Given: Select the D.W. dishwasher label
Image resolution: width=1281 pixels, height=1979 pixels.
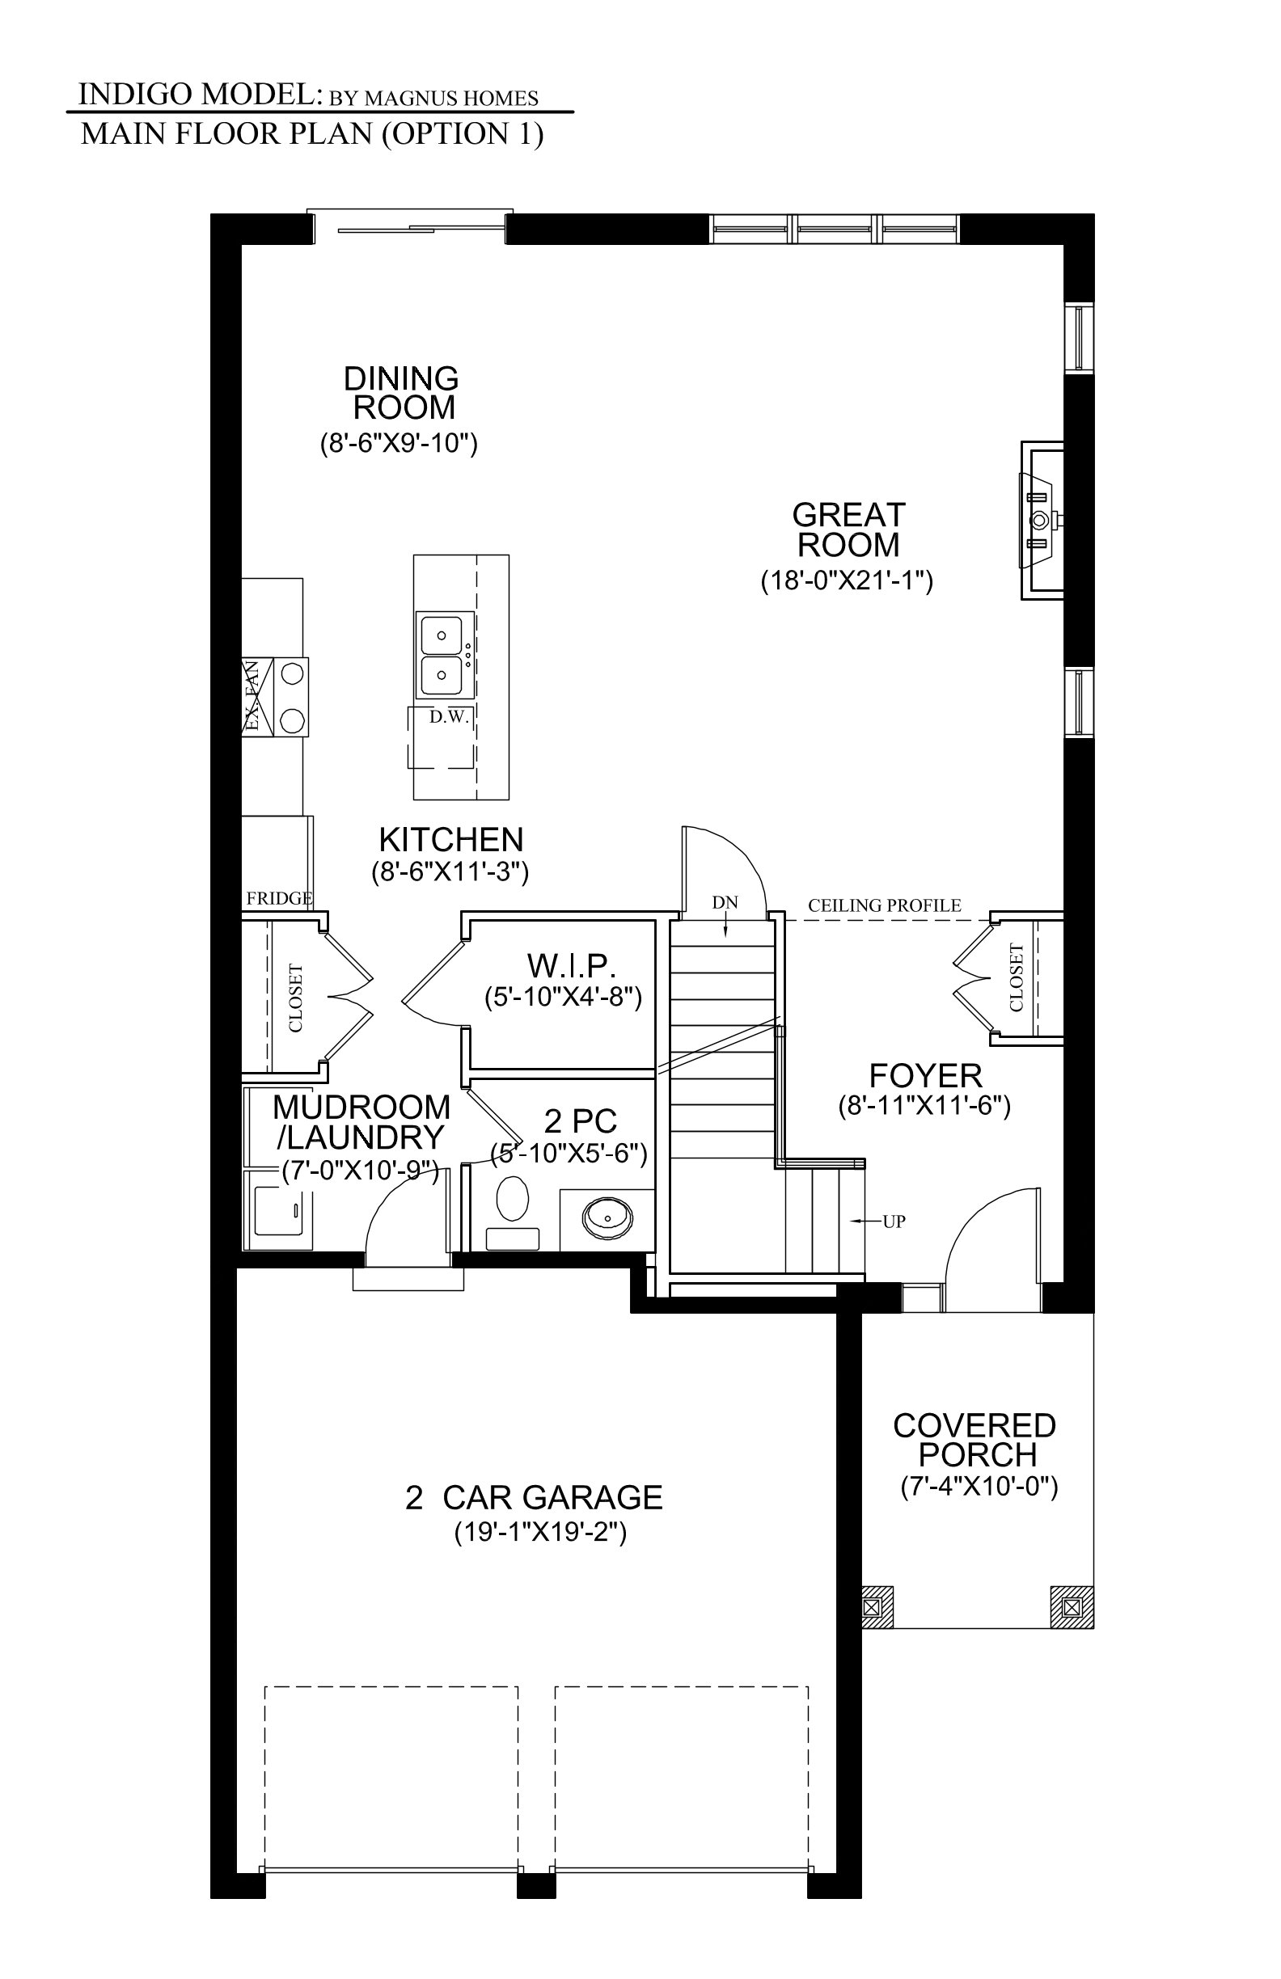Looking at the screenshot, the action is coord(450,717).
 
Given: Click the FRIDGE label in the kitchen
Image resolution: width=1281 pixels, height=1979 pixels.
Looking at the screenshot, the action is coord(280,898).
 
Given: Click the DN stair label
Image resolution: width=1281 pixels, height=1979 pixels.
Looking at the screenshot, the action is coord(725,902).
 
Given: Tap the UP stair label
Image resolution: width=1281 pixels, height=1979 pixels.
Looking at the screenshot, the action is coord(894,1222).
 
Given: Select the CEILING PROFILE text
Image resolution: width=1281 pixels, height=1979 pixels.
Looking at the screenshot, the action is coord(884,905).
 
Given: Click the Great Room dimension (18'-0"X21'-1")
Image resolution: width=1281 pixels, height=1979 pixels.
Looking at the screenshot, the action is coord(847,580).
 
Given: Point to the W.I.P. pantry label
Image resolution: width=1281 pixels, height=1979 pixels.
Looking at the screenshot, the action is coord(572,965).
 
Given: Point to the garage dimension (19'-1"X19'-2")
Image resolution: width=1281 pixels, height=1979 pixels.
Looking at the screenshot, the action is coord(540,1532).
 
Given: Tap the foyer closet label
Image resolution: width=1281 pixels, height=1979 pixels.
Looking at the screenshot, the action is coord(1016,977).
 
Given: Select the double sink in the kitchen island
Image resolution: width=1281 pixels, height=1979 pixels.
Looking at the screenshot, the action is coord(445,656).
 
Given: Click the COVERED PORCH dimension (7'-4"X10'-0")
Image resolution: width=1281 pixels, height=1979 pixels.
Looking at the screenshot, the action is coord(979,1487).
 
